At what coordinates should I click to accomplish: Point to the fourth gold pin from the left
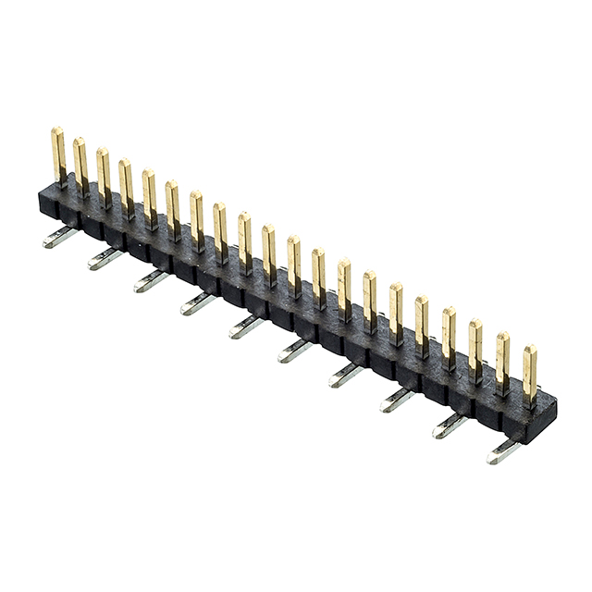126,187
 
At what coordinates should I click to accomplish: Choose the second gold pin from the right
502,361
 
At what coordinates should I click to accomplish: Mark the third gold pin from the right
475,348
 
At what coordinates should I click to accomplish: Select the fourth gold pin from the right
449,336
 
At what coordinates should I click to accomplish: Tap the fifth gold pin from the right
422,324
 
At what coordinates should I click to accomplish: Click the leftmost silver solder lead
59,238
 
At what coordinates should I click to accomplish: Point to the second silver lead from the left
105,258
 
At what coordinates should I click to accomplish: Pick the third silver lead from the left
151,280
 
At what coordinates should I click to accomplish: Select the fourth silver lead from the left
197,302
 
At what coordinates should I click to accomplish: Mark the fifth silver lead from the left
246,326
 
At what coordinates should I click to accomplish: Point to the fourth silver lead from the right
345,374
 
